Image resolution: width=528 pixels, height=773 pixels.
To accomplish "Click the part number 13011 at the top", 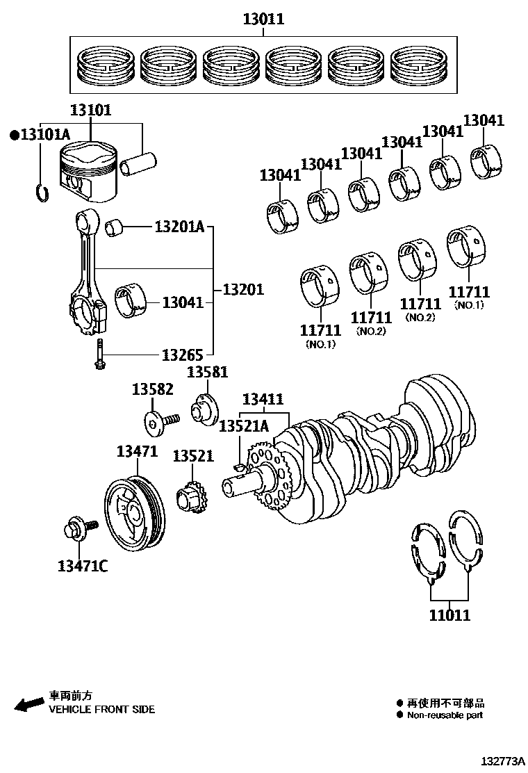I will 263,19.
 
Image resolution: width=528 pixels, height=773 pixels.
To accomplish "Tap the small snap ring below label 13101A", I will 42,191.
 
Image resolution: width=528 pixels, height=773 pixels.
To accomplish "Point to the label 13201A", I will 179,227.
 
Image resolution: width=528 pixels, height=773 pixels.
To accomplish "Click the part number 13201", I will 243,288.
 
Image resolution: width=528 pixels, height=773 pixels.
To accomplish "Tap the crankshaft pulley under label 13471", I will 135,513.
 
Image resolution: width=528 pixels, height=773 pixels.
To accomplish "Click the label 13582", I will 153,389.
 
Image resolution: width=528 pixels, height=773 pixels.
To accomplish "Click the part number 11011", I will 449,615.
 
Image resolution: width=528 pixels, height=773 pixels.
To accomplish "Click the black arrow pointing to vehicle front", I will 29,705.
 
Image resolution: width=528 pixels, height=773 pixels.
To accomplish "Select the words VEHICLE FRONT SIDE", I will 101,710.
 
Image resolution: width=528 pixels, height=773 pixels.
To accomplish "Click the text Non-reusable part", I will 445,715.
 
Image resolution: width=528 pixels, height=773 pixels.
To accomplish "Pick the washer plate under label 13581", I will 206,408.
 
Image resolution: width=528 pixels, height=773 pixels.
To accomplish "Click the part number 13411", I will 263,400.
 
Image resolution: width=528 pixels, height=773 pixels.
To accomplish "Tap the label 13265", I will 182,355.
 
